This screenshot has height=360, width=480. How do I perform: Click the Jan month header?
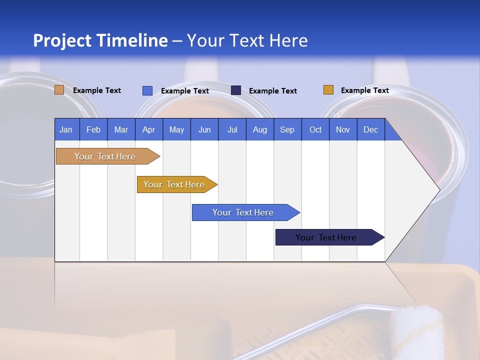[66, 129]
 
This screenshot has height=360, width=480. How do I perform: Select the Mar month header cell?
[121, 129]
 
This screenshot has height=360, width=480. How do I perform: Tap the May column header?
[176, 129]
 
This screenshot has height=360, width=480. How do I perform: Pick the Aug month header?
[259, 129]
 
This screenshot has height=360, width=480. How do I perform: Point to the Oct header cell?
[315, 129]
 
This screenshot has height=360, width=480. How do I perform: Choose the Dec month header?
[370, 129]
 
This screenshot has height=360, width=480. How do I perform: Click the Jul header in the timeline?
[232, 129]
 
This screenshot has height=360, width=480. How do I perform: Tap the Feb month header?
[93, 129]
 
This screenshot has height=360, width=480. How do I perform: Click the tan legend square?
[59, 90]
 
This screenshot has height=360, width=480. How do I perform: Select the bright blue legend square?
[147, 90]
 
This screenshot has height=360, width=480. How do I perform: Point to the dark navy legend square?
[236, 90]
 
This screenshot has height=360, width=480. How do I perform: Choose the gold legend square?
[328, 90]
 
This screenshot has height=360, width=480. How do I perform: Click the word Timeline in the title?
[131, 40]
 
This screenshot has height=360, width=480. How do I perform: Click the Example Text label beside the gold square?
[364, 90]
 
